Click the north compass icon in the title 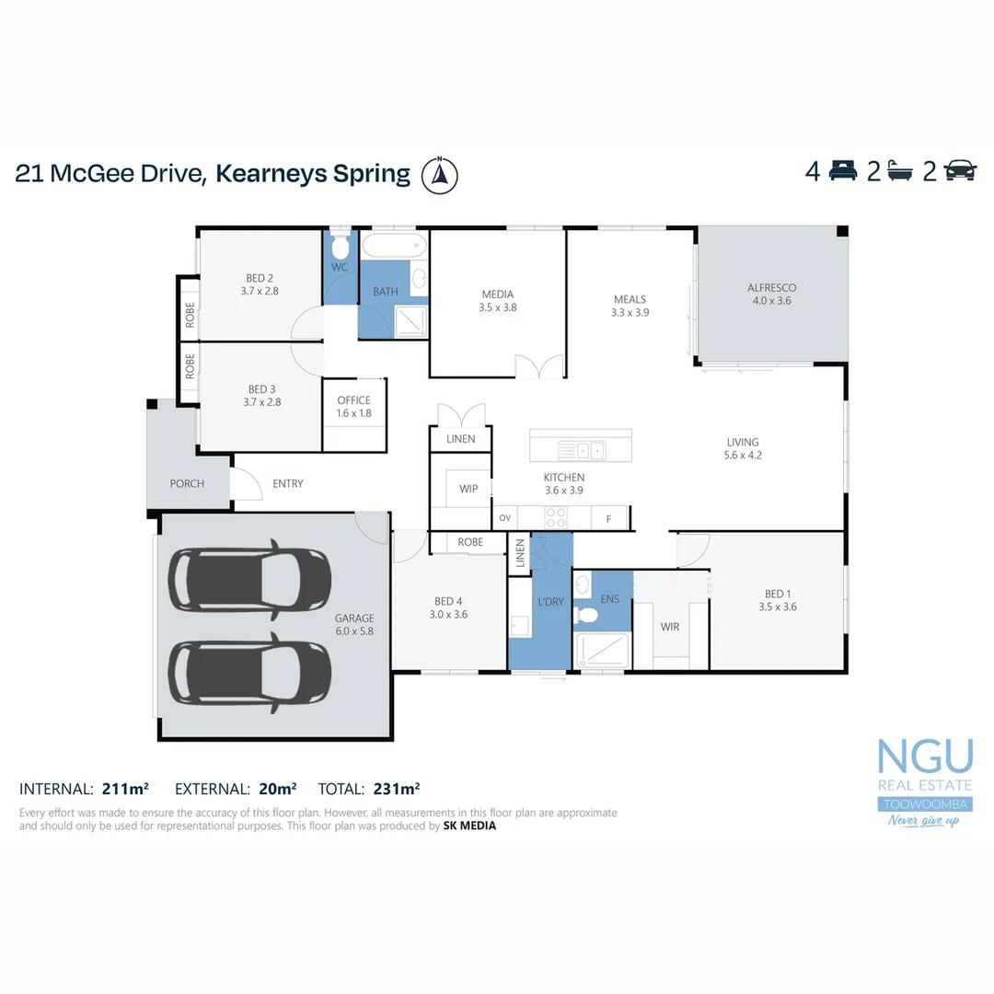(x=440, y=174)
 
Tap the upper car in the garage (x=249, y=583)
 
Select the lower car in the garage (x=249, y=671)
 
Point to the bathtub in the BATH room (x=394, y=246)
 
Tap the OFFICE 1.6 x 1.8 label (x=353, y=407)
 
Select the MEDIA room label (x=497, y=301)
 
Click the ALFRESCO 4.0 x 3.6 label (x=771, y=294)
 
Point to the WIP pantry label (x=468, y=489)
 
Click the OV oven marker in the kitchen (x=504, y=518)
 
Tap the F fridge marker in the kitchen (x=608, y=519)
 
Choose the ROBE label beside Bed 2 (x=190, y=316)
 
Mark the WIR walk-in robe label (x=669, y=627)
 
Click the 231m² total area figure (x=396, y=789)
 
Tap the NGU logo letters (x=924, y=757)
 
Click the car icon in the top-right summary (x=960, y=171)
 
